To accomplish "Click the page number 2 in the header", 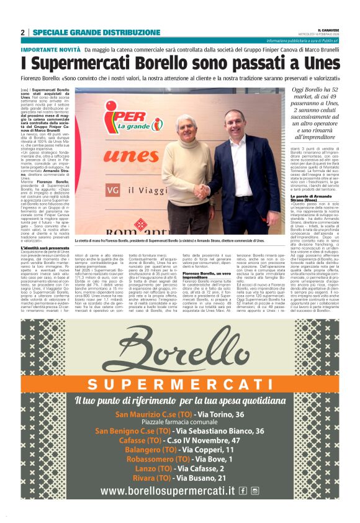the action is click(23, 32).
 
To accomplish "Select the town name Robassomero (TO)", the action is click(140, 458).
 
